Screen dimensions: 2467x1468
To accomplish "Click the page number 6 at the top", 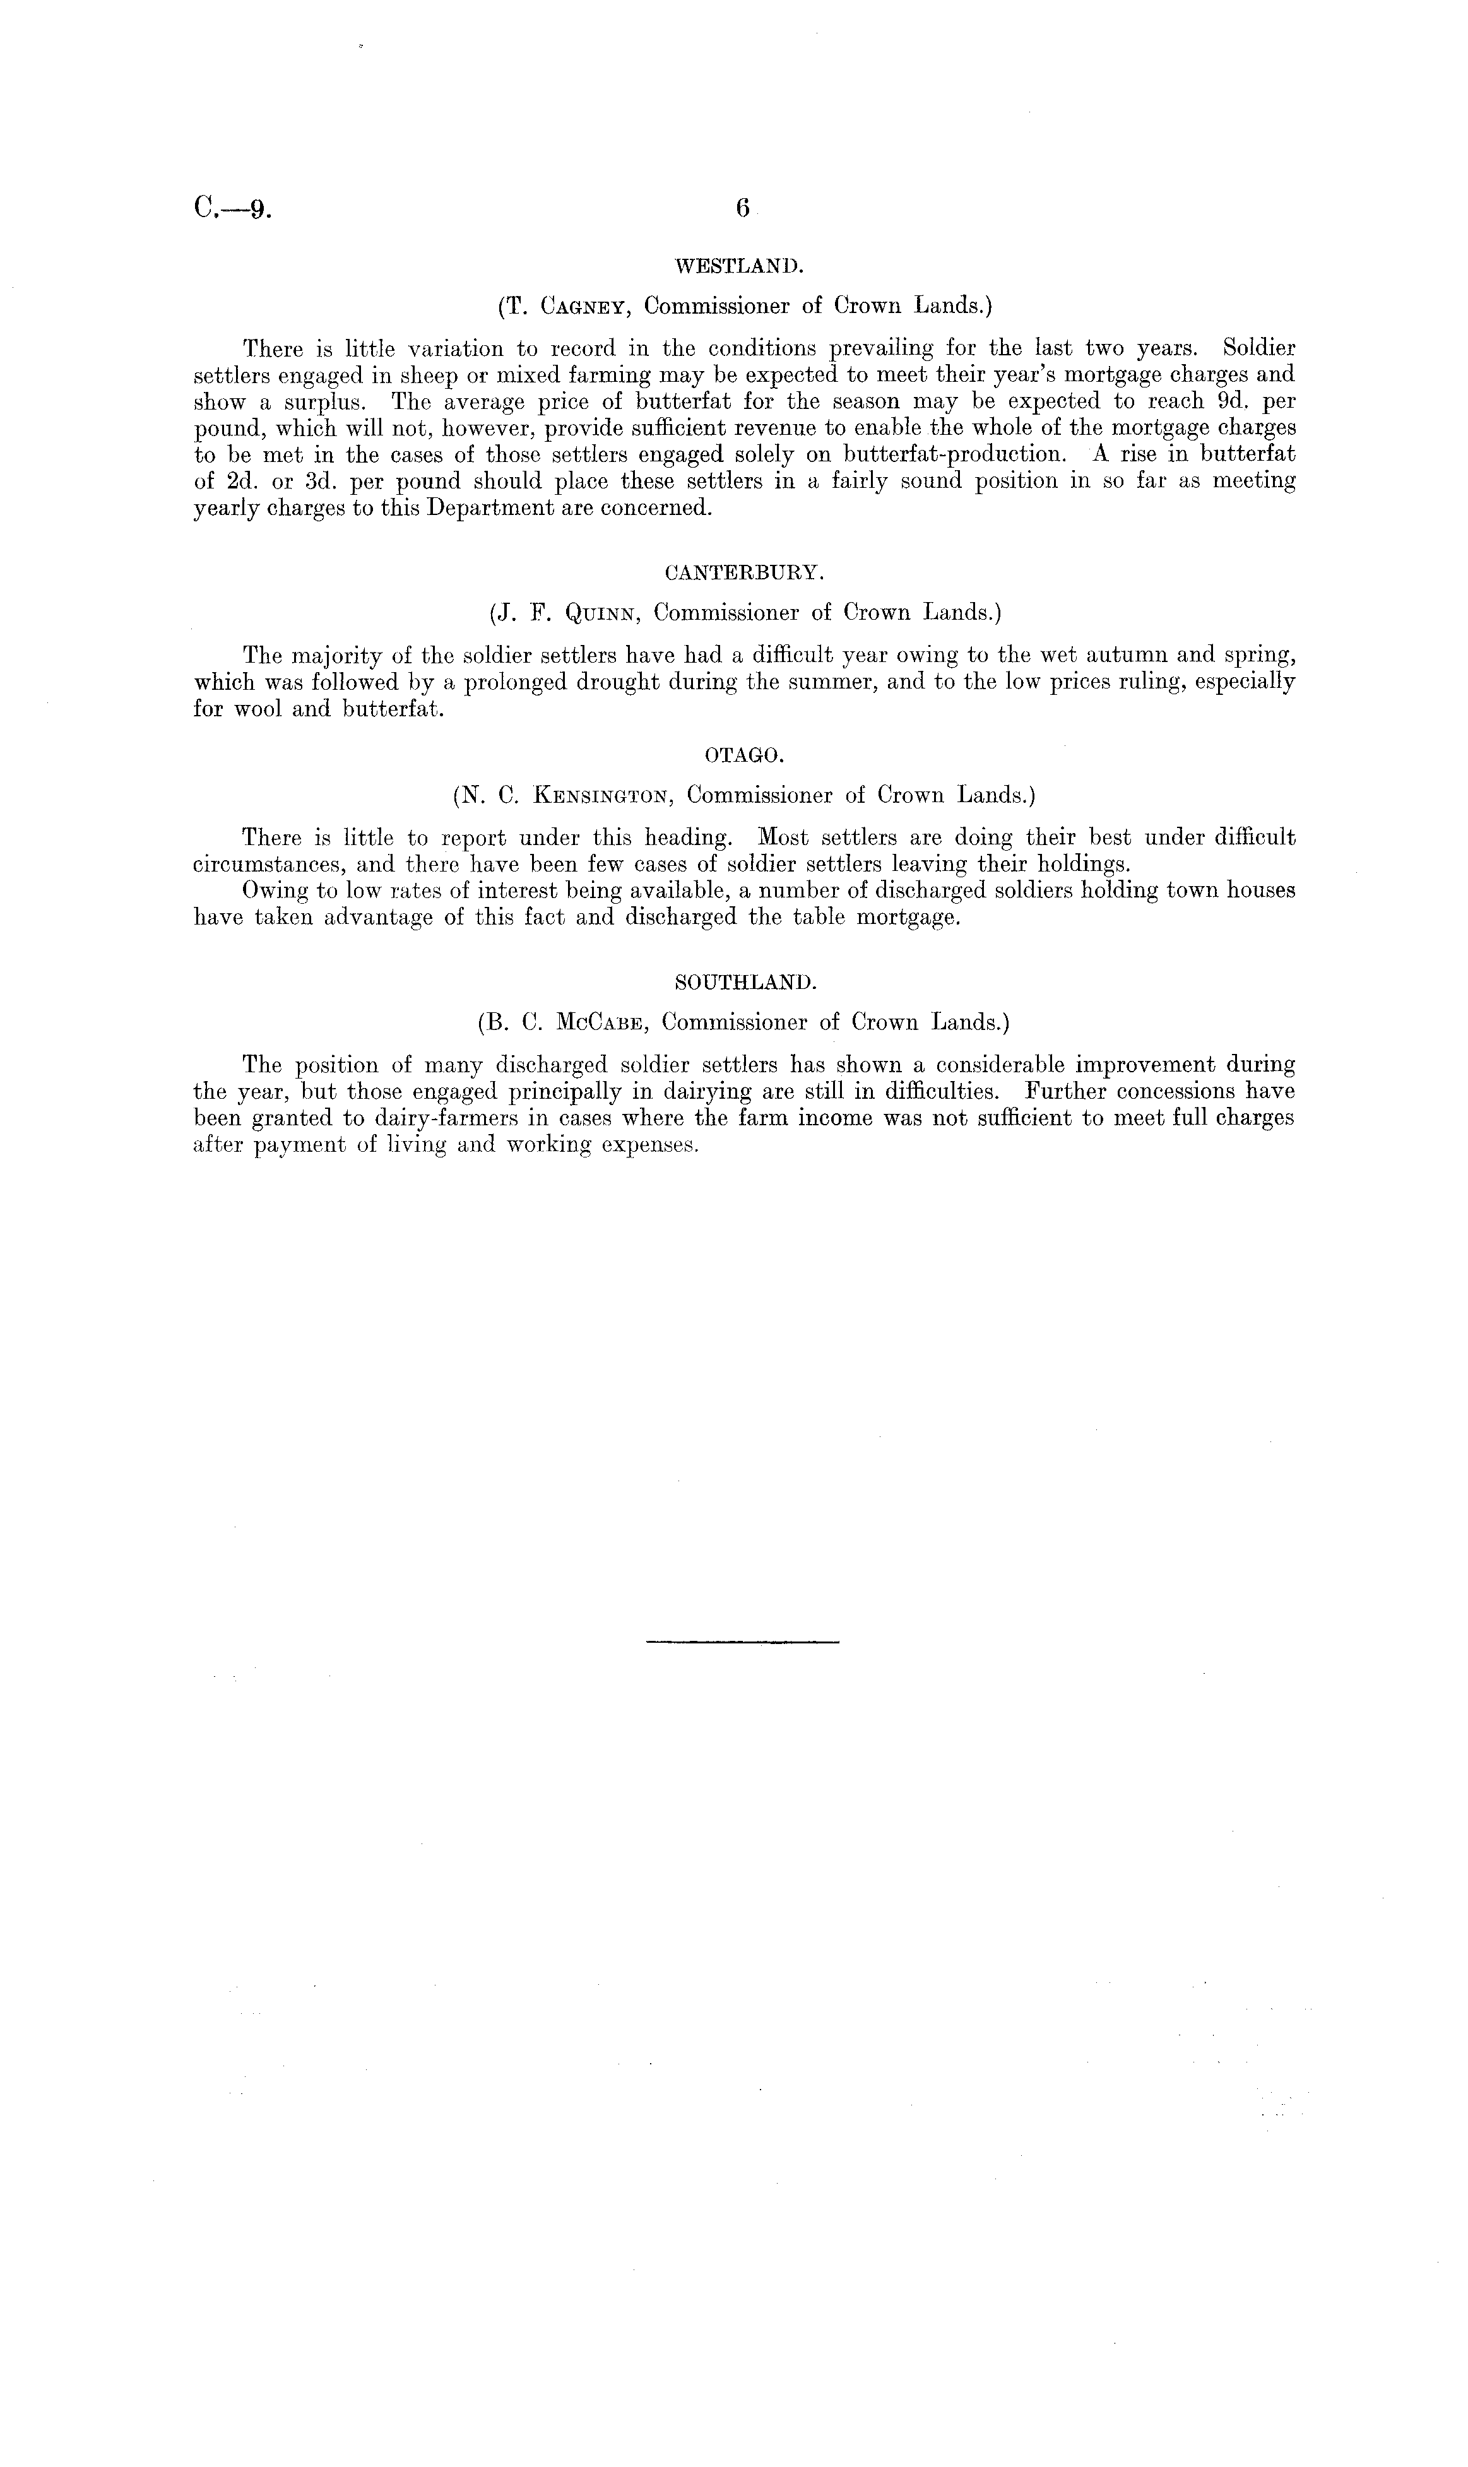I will [743, 209].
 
